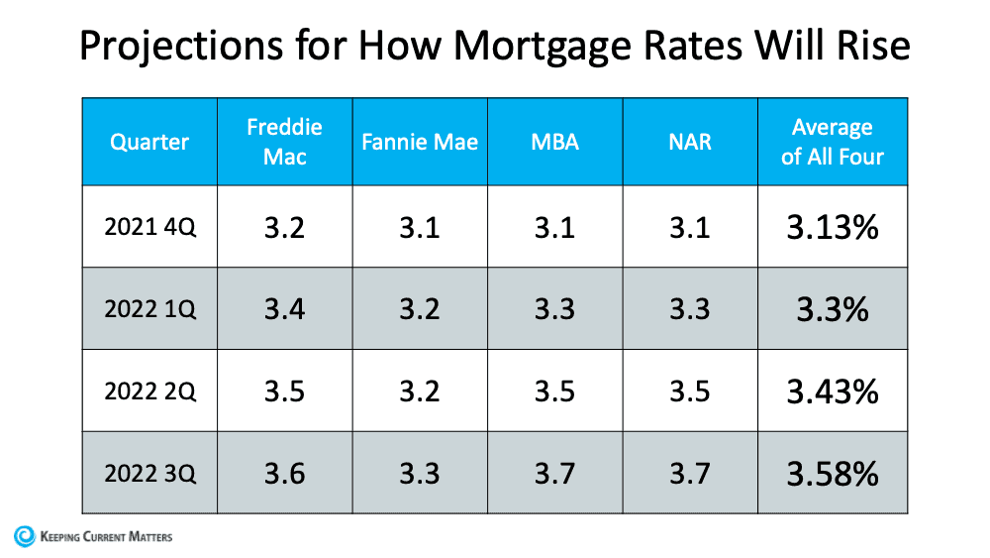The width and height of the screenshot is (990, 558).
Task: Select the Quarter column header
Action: pos(149,142)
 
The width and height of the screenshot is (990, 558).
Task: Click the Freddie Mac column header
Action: pos(285,142)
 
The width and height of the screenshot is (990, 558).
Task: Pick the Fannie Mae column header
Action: pos(420,142)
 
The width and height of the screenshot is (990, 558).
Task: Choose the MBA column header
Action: pos(554,142)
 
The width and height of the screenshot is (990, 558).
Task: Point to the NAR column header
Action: pos(690,142)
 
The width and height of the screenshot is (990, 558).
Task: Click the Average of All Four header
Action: pos(833,142)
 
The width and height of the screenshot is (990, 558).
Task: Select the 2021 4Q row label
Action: pos(150,228)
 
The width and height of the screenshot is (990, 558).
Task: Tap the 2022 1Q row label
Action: pos(150,309)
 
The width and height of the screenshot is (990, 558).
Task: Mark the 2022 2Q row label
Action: pos(150,391)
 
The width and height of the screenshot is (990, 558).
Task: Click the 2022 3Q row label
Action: pos(150,473)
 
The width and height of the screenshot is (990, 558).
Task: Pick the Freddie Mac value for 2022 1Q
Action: pos(285,309)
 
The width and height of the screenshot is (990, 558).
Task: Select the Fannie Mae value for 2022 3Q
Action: pos(420,473)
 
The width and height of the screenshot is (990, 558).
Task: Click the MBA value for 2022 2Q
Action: pos(554,391)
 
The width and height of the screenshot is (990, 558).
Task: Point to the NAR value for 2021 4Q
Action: pos(690,228)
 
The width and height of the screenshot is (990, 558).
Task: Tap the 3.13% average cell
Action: pos(833,228)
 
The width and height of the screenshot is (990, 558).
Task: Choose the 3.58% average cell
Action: pos(833,473)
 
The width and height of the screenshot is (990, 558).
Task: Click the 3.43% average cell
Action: pos(833,391)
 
